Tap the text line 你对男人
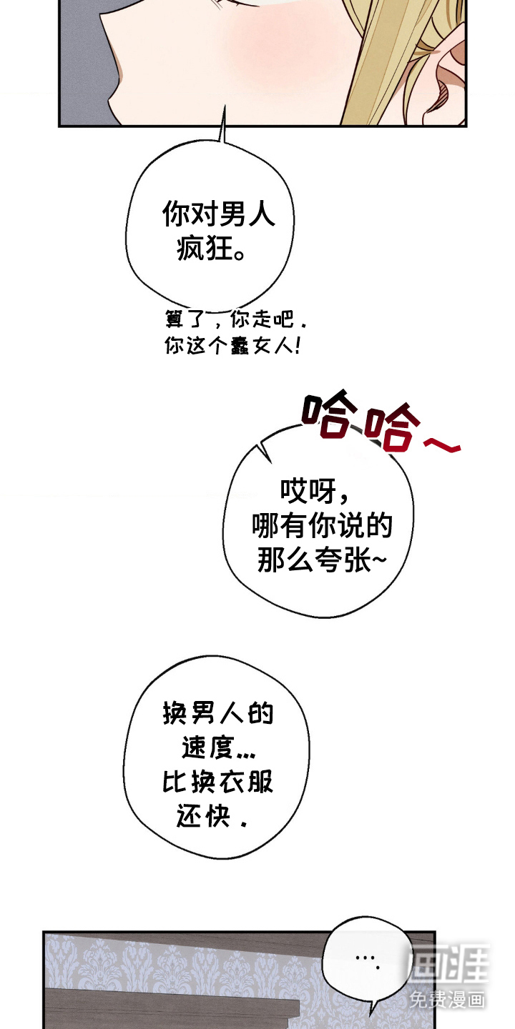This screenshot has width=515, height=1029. tap(218, 214)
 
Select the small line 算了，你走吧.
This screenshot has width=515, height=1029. tap(235, 319)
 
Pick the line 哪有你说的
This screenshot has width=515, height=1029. tap(322, 525)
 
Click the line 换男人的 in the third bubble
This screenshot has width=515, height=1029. tap(218, 713)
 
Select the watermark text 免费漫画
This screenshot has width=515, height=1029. tap(447, 997)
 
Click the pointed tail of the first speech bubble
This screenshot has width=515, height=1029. tap(225, 106)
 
